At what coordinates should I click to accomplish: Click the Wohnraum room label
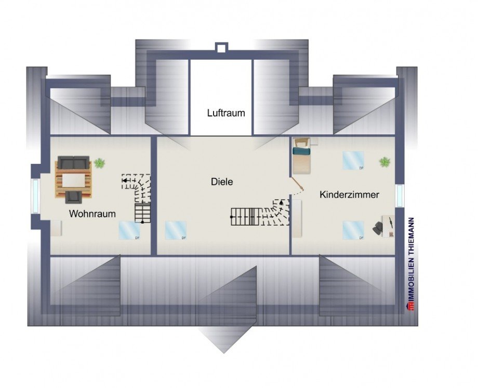[x=92, y=214]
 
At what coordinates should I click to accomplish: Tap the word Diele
[x=222, y=182]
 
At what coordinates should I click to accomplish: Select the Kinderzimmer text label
[x=349, y=195]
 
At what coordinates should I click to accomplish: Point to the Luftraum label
[x=225, y=113]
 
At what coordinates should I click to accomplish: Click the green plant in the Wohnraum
[x=99, y=163]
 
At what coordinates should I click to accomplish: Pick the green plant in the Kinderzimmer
[x=384, y=162]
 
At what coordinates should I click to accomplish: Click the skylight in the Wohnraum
[x=129, y=230]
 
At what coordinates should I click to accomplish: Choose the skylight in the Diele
[x=176, y=230]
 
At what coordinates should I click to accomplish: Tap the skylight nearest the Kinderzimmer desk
[x=353, y=230]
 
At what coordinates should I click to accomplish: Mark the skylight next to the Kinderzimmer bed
[x=353, y=161]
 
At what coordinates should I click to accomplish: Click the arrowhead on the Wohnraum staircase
[x=125, y=181]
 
